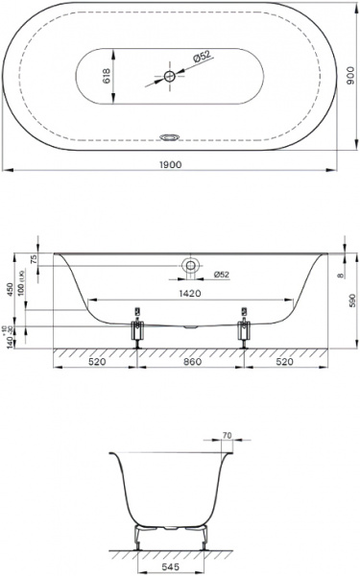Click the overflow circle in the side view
191,266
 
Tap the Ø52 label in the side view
221,276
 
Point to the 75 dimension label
35,260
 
